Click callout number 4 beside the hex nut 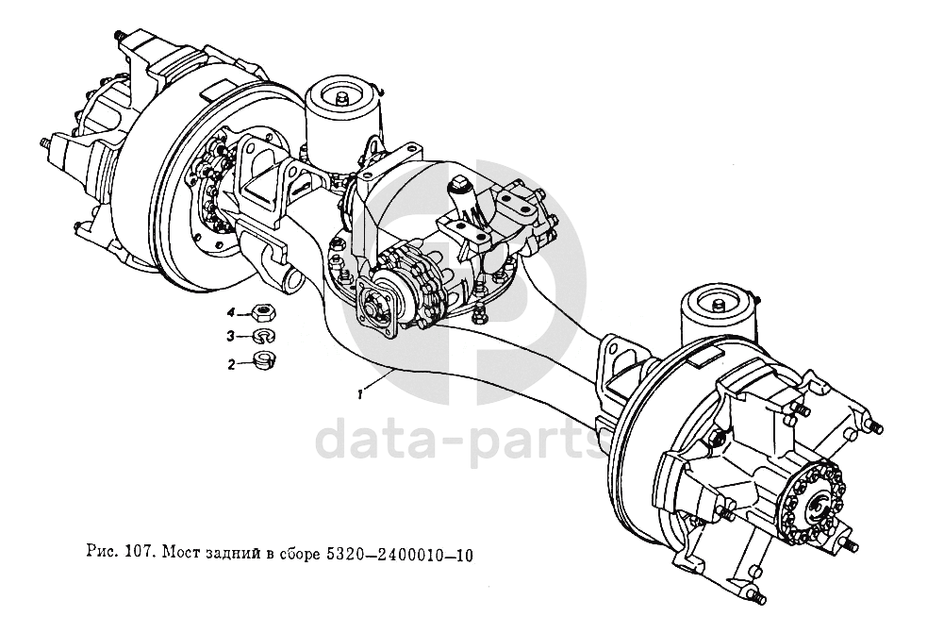click(229, 312)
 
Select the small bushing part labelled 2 click(265, 358)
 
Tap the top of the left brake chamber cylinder click(342, 94)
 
